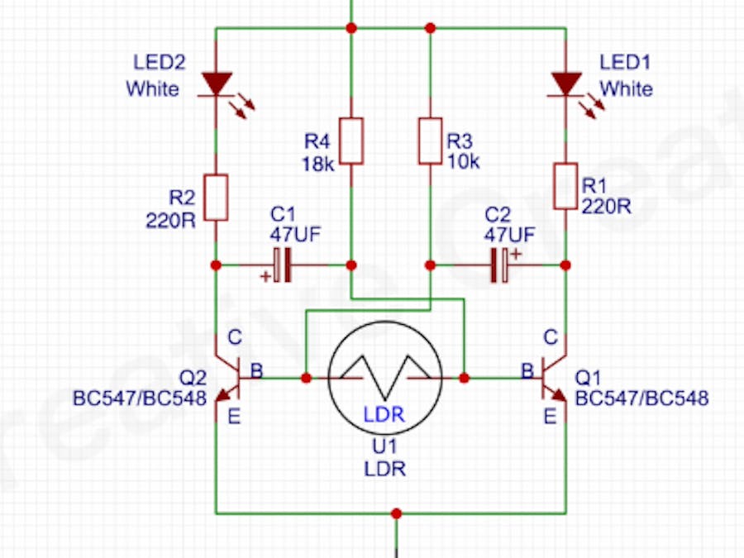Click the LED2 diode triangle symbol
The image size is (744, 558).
pos(216,83)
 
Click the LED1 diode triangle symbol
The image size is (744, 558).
pos(566,83)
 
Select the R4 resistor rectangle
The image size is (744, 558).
pos(351,141)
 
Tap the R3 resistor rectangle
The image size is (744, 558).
pos(430,141)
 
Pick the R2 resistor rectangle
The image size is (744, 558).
pos(216,197)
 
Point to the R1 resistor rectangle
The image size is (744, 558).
pos(566,186)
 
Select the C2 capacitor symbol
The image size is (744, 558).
pos(499,265)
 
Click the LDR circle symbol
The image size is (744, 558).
pos(385,378)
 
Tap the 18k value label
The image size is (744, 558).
pos(318,164)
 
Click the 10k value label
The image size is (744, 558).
pos(463,162)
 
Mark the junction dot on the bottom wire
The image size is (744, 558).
pos(397,513)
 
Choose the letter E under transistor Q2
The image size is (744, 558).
pos(234,417)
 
